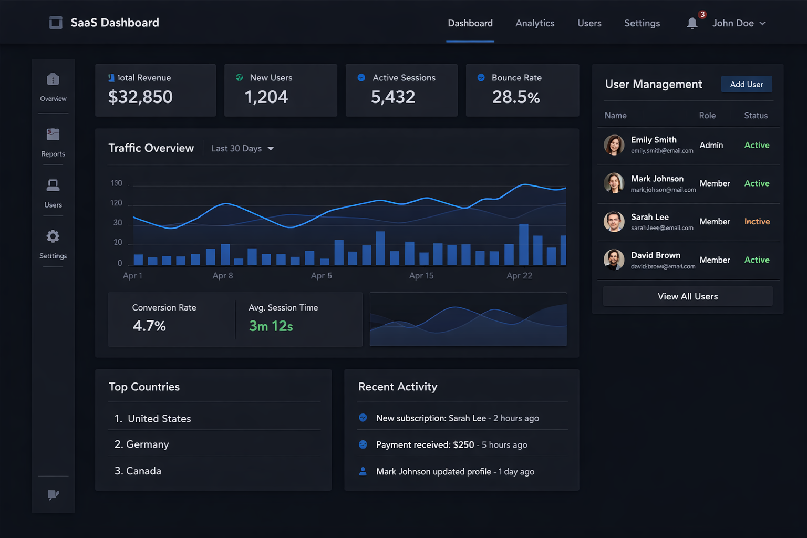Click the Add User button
746,84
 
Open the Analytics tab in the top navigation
535,23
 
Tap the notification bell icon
692,23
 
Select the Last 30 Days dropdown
242,149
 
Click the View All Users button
687,296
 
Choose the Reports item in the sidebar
53,141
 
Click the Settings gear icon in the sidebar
53,236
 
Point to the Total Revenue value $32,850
140,97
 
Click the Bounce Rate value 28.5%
515,97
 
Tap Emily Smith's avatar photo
614,145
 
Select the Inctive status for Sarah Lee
757,222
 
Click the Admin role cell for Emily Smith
711,145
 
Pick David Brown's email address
663,266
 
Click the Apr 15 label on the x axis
421,276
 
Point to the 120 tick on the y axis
116,203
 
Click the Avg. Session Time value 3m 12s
271,326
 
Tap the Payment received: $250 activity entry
451,445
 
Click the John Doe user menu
739,23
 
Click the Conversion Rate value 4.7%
149,326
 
